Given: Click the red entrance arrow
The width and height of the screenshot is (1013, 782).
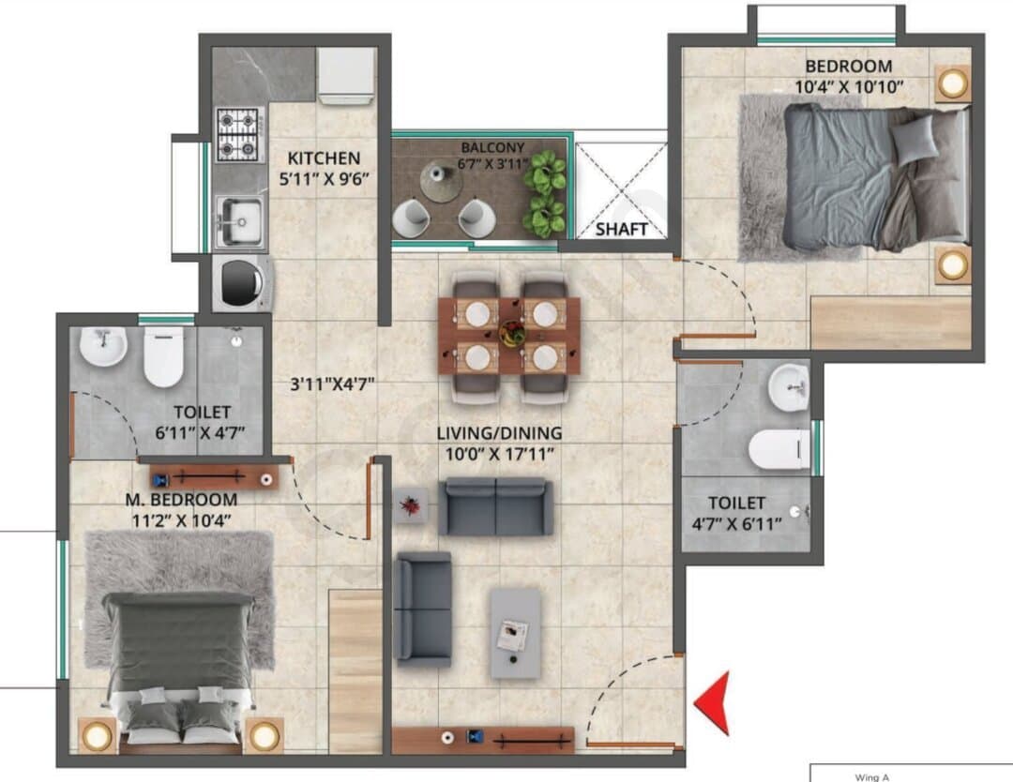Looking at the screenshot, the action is click(714, 702).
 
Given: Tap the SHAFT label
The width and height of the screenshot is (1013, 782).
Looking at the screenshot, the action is click(622, 229).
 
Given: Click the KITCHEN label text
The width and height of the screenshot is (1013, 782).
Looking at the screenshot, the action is click(324, 158).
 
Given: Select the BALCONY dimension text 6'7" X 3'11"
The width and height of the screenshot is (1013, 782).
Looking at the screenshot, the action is click(493, 164).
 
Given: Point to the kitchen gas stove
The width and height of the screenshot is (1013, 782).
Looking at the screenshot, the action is click(238, 135).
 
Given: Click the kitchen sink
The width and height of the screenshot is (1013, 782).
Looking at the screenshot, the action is click(239, 221).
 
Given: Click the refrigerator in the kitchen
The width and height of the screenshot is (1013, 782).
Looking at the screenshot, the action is click(346, 76).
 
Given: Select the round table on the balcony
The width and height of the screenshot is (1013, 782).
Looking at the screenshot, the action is click(441, 181).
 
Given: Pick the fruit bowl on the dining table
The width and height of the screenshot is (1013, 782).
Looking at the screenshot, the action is click(511, 333).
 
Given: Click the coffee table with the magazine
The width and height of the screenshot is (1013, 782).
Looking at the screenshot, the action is click(515, 633).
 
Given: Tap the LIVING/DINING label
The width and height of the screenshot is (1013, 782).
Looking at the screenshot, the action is click(499, 433).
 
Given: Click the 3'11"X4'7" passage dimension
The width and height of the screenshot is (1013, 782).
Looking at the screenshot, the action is click(332, 384).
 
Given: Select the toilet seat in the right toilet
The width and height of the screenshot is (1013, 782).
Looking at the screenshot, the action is click(779, 449).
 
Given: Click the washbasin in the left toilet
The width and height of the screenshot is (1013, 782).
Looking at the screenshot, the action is click(103, 346).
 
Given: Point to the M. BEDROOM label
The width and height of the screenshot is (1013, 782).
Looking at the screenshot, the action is click(181, 499).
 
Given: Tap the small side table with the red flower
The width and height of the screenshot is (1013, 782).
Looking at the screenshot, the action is click(410, 505).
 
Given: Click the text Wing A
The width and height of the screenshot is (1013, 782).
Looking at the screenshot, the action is click(871, 777).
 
